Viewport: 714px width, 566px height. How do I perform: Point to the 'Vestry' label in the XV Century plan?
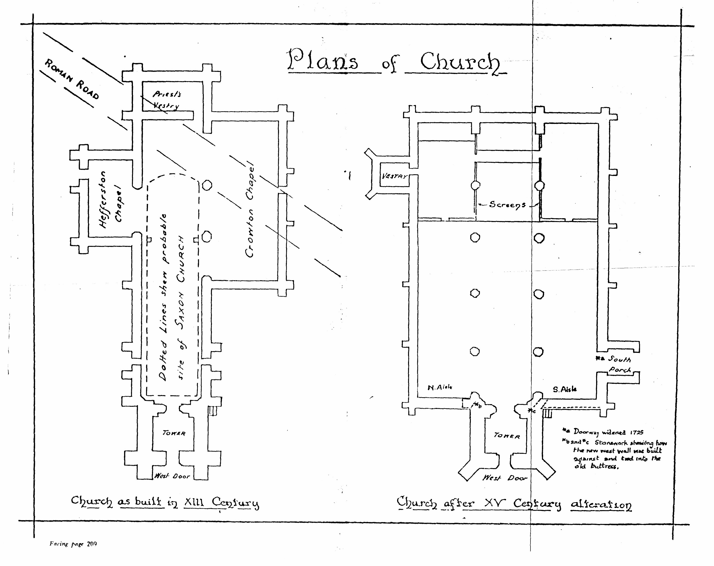[394, 176]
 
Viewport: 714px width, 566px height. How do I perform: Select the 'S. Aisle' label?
[564, 390]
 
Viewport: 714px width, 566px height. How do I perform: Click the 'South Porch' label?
[616, 364]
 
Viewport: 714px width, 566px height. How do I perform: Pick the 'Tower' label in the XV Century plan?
[507, 436]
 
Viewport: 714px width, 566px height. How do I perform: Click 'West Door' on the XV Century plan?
[504, 478]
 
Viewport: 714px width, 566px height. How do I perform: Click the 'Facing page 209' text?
[73, 544]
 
